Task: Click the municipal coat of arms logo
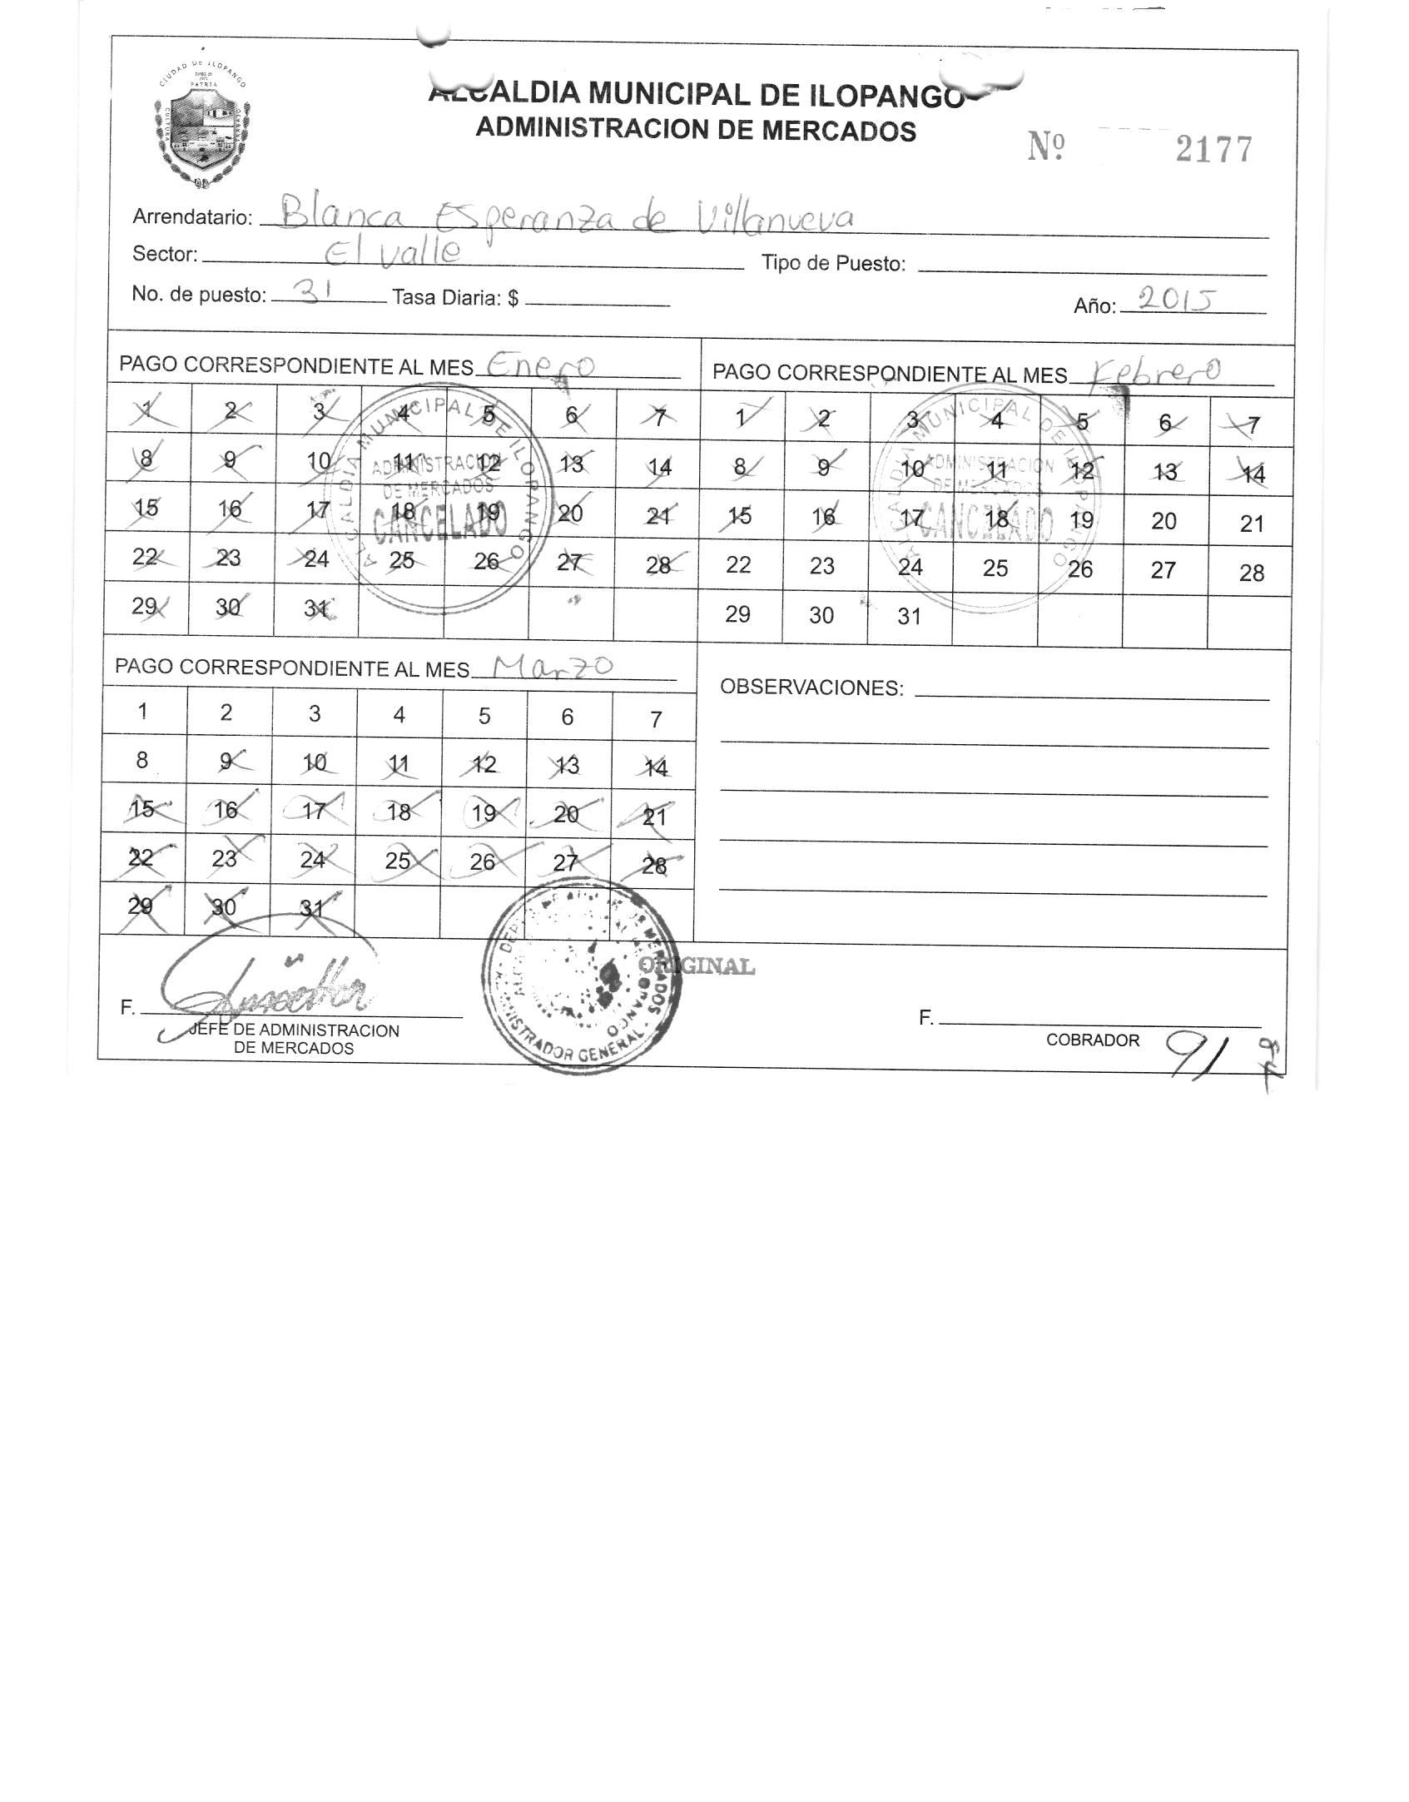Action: point(202,127)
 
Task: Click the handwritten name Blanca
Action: point(341,216)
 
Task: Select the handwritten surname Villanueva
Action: point(775,218)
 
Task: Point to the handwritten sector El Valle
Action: point(391,252)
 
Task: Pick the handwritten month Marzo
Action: point(553,666)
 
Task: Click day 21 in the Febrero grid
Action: point(1251,524)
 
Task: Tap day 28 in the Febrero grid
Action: point(1251,573)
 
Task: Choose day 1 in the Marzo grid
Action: point(143,712)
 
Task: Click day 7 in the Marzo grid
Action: point(656,719)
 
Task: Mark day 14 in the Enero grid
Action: point(659,467)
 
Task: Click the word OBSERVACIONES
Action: point(811,688)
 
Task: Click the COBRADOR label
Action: point(1092,1040)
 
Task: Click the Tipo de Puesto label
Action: point(833,264)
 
